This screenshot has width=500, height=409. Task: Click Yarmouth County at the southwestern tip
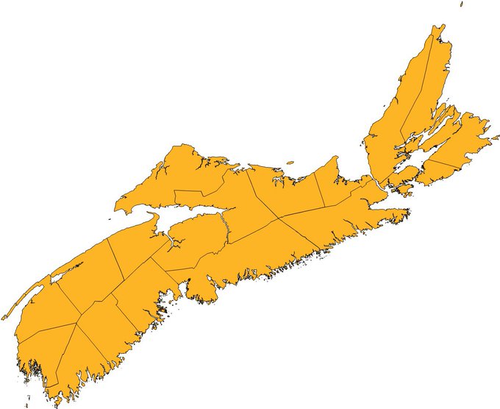tap(37, 360)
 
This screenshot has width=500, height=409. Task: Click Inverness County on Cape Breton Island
tap(390, 125)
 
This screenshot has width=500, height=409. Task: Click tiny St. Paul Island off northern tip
tap(462, 4)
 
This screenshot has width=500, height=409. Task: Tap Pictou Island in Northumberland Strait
tap(290, 163)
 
